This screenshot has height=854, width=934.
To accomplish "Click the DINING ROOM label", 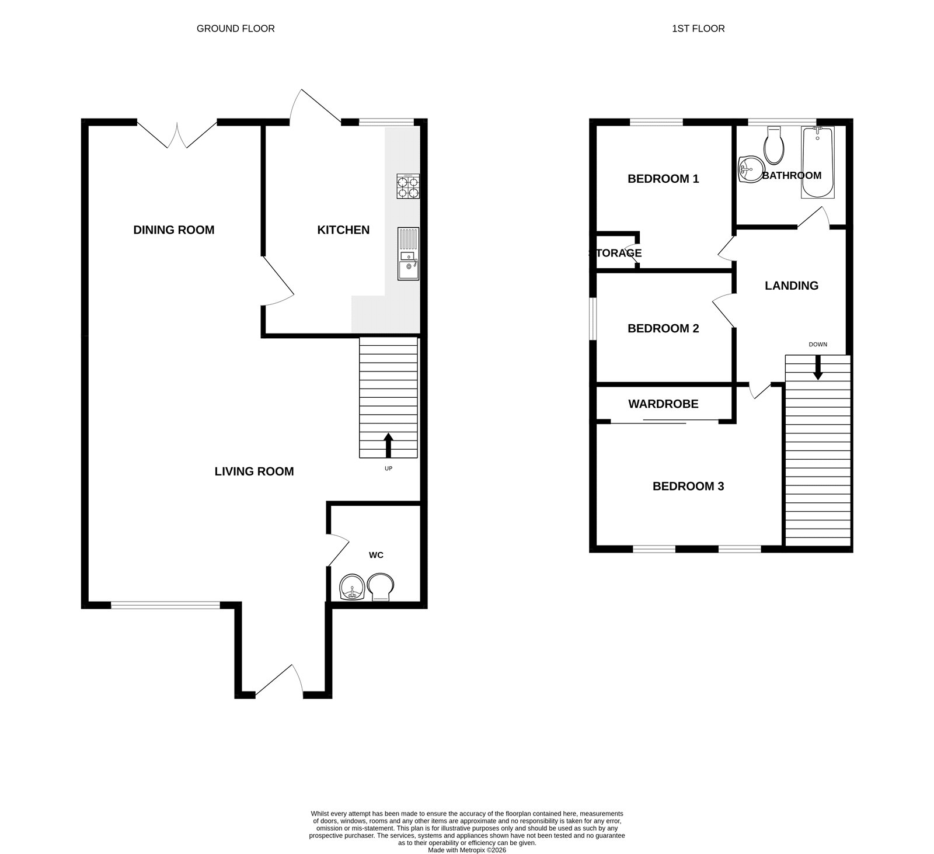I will (x=173, y=230).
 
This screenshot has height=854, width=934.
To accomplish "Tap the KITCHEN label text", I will (x=343, y=230).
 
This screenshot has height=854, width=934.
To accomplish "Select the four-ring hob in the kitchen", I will (x=408, y=186).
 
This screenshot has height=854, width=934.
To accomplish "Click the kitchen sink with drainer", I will (x=408, y=254).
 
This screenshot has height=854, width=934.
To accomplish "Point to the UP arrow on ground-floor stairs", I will (x=388, y=445).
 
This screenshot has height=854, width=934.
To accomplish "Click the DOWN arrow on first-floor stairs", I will (x=818, y=368).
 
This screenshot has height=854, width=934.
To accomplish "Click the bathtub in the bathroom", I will (x=817, y=162).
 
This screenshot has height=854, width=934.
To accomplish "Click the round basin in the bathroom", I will (x=749, y=171).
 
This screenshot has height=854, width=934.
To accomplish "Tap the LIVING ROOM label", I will (x=254, y=471).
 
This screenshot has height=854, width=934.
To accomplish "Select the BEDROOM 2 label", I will (x=663, y=328).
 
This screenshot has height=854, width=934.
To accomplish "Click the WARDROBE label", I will (x=663, y=404).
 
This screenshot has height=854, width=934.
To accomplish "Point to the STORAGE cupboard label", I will (x=615, y=253).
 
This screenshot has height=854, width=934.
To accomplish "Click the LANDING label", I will (x=792, y=285).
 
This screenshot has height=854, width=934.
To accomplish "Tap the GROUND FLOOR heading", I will (x=235, y=28).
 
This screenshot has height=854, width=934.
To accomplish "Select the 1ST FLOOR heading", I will (x=698, y=28).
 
